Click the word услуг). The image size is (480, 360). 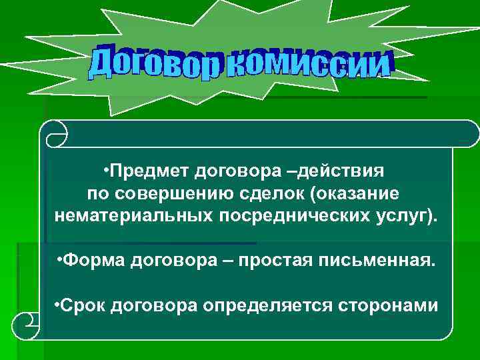(407, 217)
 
